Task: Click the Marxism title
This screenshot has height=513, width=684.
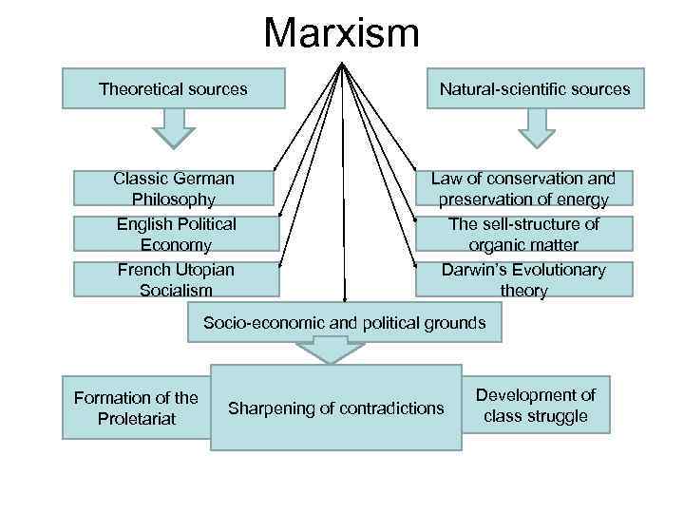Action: tap(342, 32)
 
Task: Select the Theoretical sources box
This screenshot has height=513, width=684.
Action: tap(173, 88)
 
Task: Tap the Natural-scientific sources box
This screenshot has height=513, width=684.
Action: tap(535, 88)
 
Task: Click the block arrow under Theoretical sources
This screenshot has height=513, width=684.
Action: tap(173, 127)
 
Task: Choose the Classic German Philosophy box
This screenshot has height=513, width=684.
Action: tap(174, 188)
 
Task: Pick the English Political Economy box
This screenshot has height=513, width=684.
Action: tap(176, 234)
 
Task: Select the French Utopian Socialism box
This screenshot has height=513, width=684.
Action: tap(176, 279)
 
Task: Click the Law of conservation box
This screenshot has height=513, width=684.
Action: tap(523, 188)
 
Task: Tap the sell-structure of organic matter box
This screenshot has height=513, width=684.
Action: tap(523, 234)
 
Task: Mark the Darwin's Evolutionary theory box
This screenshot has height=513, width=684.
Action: tap(523, 279)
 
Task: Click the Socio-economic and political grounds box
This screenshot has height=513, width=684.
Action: tap(344, 323)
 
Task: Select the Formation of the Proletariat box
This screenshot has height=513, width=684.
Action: tap(137, 408)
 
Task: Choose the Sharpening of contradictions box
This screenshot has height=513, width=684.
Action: tap(336, 408)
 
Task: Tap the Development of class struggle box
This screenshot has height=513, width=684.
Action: tap(536, 405)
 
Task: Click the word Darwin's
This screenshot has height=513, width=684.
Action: tap(472, 270)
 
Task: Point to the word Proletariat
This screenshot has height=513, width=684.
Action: tap(137, 418)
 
